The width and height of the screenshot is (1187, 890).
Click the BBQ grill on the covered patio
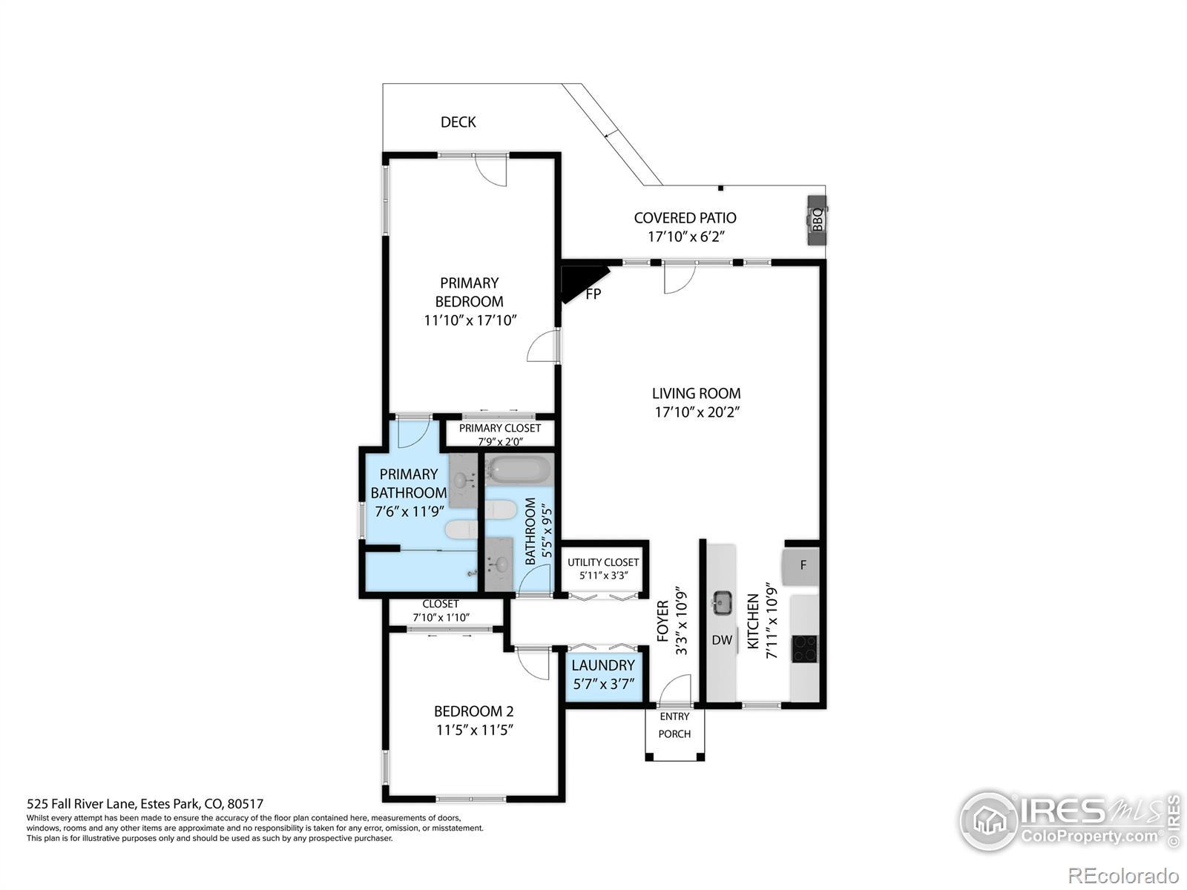pos(817,220)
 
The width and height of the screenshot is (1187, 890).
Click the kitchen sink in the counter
pos(722,602)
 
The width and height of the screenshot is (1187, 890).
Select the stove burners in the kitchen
pos(805,649)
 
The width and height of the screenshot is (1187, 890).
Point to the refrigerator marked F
pos(800,566)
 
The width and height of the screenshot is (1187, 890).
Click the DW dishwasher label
pos(722,640)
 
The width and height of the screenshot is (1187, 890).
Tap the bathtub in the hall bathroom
pos(519,469)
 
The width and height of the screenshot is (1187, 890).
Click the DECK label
pos(458,122)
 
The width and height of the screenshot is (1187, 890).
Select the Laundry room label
pos(603,665)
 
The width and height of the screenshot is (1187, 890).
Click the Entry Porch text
pos(674,725)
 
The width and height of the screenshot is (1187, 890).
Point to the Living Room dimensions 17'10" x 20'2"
pos(697,412)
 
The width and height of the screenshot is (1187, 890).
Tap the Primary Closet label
pos(500,428)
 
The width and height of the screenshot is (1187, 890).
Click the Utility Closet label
pos(603,562)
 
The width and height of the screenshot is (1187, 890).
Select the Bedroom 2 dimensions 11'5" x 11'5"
pos(475,730)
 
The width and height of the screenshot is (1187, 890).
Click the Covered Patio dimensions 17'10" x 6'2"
pos(685,237)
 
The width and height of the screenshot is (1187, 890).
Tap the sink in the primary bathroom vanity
pos(461,479)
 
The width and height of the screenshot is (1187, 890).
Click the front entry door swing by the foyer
pos(675,689)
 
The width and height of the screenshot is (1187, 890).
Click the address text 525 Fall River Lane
pos(81,804)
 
